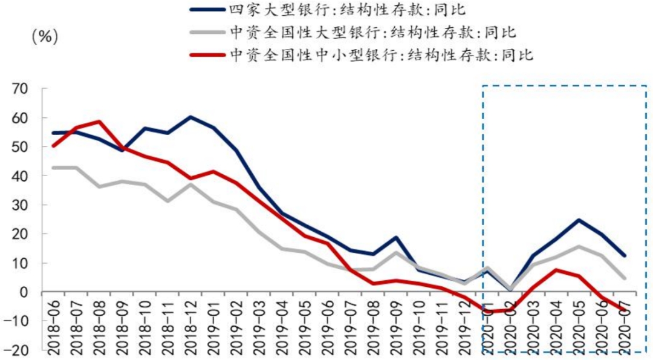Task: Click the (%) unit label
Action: coord(44,36)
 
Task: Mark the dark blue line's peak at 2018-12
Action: coord(191,117)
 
